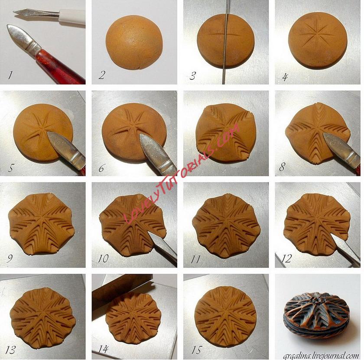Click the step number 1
pyautogui.click(x=10, y=75)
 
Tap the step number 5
pyautogui.click(x=10, y=168)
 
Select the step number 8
pyautogui.click(x=282, y=167)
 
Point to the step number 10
pyautogui.click(x=103, y=259)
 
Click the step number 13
pyautogui.click(x=11, y=350)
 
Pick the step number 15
pyautogui.click(x=196, y=350)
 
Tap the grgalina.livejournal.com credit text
pyautogui.click(x=321, y=356)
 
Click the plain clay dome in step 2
pyautogui.click(x=134, y=43)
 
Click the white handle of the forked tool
pyautogui.click(x=72, y=16)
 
